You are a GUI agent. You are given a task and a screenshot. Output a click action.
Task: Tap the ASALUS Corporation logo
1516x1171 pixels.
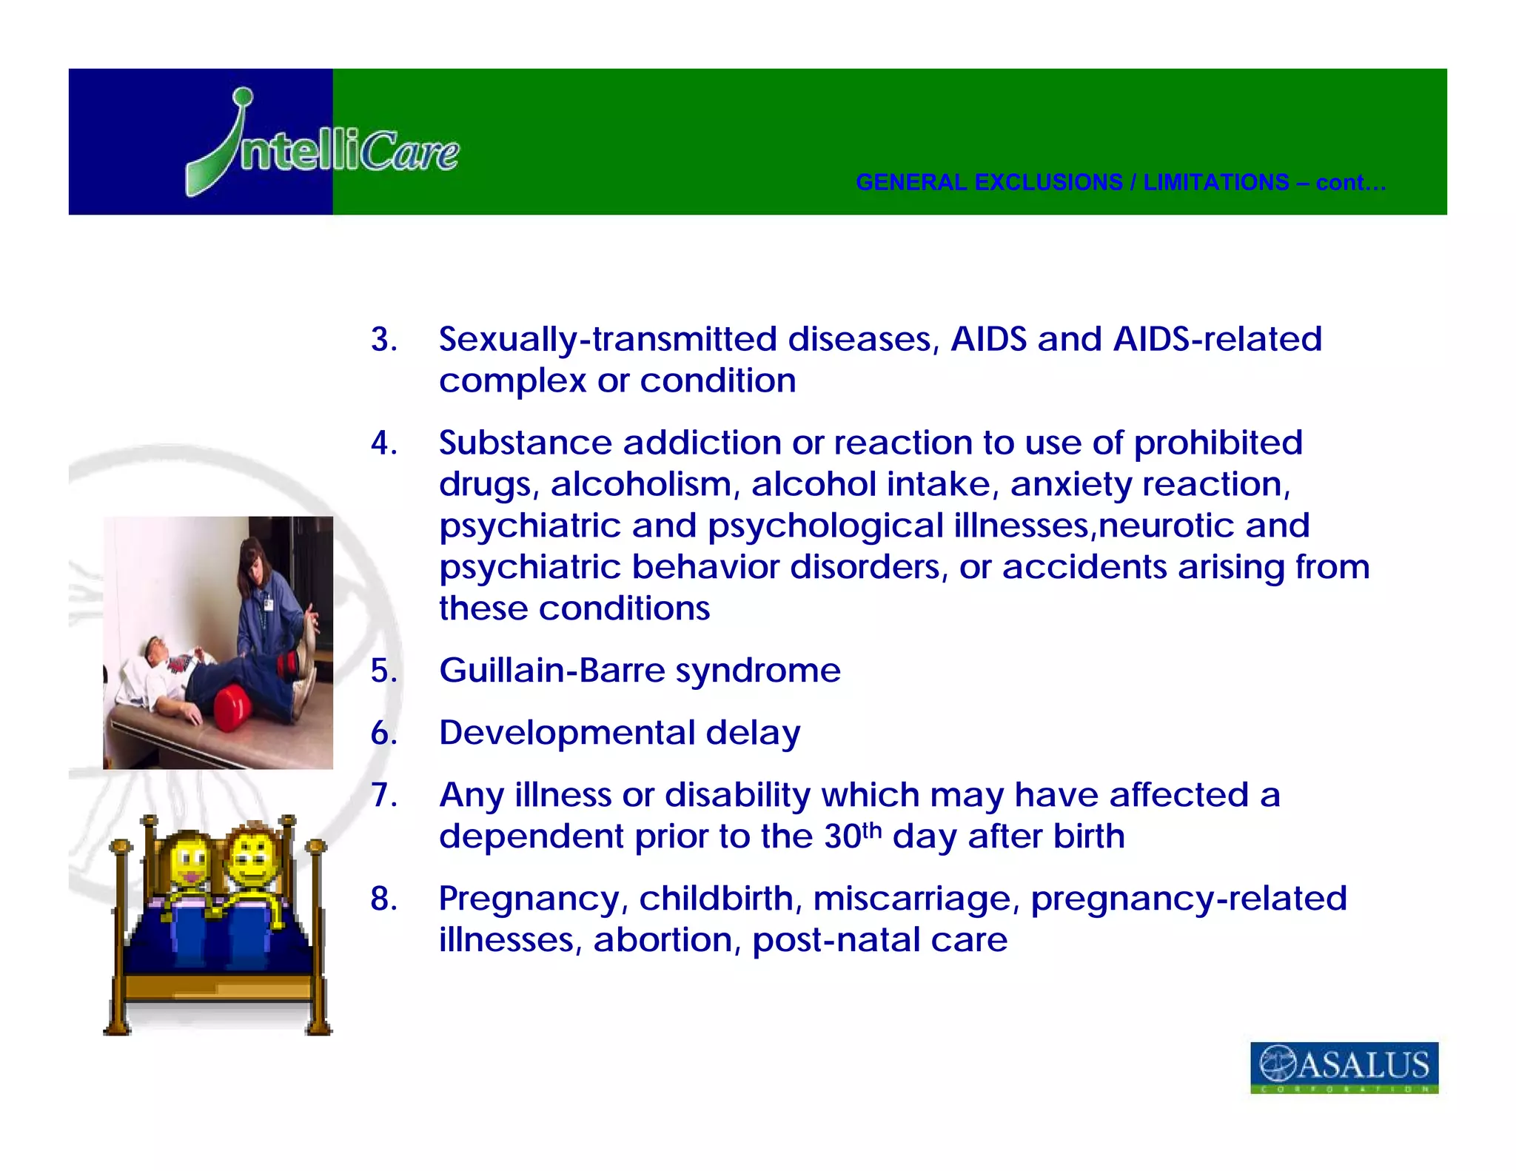[x=1344, y=1067]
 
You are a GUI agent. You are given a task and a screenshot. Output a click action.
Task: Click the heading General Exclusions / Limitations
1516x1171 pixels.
[x=1120, y=182]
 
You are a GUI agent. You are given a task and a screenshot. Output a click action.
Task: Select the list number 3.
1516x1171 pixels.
[x=383, y=340]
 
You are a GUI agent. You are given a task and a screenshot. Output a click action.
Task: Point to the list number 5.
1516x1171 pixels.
[x=383, y=671]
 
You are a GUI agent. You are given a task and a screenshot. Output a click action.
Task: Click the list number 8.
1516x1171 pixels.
[x=383, y=899]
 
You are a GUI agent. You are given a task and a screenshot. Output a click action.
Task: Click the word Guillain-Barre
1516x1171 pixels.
[x=551, y=671]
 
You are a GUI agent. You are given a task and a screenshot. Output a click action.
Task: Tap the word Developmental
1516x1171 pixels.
[x=566, y=733]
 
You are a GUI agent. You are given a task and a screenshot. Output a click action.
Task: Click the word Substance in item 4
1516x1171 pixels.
[x=525, y=443]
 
